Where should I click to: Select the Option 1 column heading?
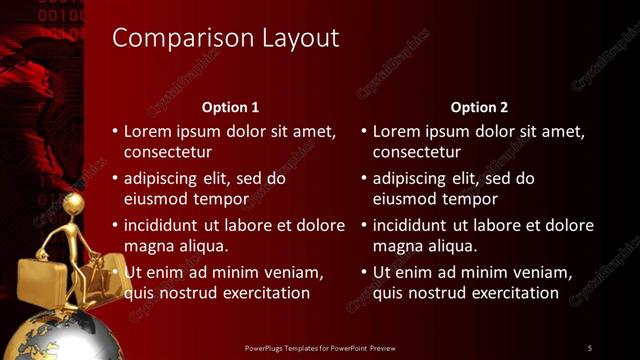pos(230,107)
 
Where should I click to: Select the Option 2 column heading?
pos(479,107)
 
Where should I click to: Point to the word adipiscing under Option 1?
pos(164,179)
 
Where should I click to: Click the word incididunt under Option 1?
pos(163,225)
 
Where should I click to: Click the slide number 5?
pos(590,348)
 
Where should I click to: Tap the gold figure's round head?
pos(72,204)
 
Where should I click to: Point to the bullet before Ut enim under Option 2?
pos(364,272)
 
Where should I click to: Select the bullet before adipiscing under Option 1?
pos(115,179)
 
